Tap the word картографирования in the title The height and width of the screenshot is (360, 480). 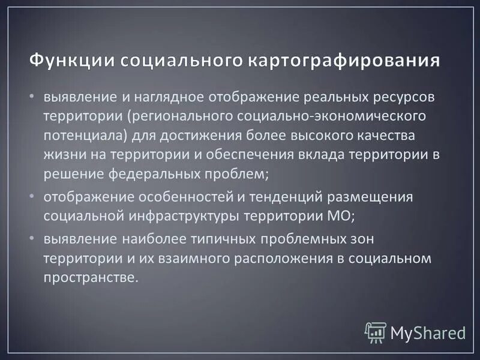(343, 62)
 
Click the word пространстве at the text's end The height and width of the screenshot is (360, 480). (90, 277)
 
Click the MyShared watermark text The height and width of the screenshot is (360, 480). (428, 332)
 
